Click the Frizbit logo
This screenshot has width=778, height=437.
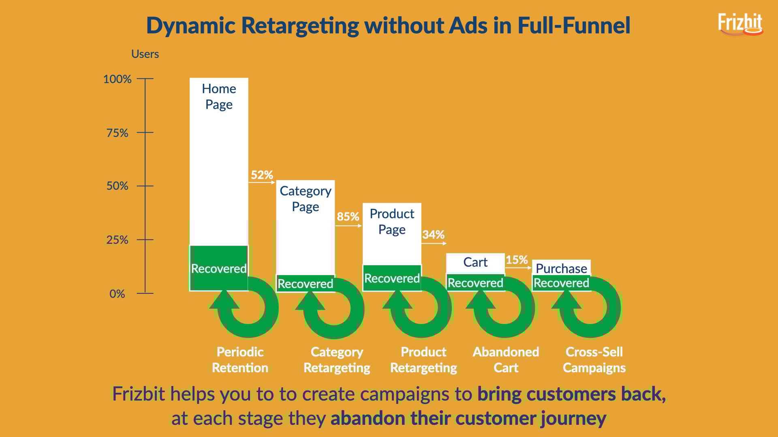coord(740,24)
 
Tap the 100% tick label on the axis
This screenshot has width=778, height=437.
coord(117,79)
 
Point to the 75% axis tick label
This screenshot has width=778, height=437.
coord(117,133)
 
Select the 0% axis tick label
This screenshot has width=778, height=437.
coord(117,294)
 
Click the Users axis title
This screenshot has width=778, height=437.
coord(145,54)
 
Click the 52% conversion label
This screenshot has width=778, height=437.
coord(262,175)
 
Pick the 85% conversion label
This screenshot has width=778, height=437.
coord(348,216)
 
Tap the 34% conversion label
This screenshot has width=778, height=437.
coord(433,234)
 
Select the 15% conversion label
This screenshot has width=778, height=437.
coord(517,259)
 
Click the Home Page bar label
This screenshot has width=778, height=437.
coord(219,96)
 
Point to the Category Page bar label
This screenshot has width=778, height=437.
coord(306,199)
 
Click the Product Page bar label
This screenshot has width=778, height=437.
coord(392,221)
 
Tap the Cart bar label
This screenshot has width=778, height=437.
coord(475,262)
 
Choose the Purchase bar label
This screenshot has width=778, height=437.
coord(561,268)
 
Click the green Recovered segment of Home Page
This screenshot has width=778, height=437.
coord(219,268)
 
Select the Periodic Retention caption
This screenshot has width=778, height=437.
coord(240,360)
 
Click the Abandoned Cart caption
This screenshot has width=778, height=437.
coord(506,360)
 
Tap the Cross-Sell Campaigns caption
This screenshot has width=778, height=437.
coord(594,360)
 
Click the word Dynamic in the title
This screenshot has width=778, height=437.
coord(191,26)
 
